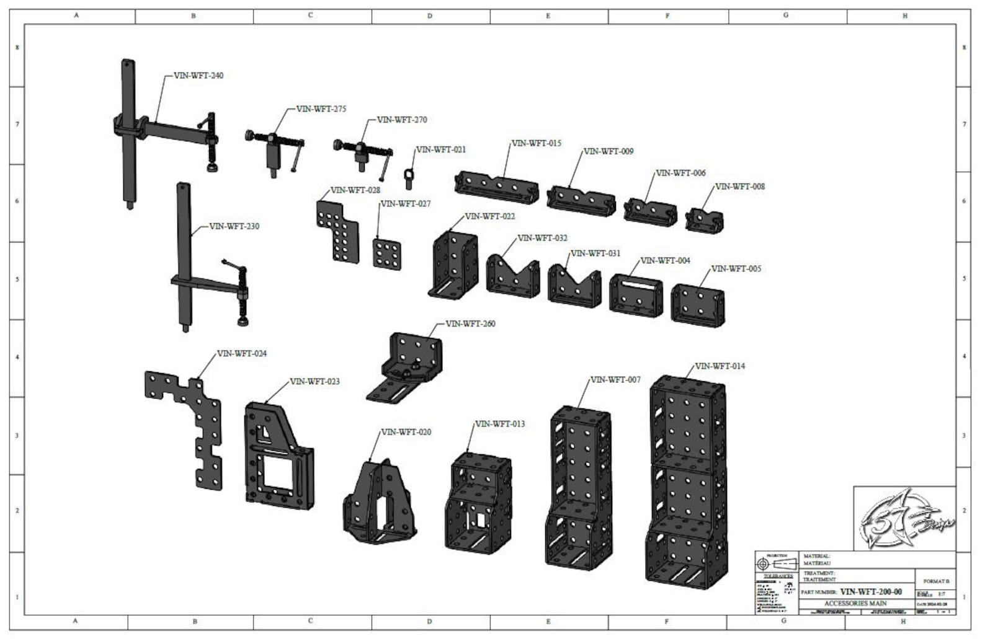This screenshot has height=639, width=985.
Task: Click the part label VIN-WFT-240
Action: pos(198,76)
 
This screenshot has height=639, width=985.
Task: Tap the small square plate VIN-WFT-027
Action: pos(387,253)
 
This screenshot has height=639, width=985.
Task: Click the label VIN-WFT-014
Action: pos(720,366)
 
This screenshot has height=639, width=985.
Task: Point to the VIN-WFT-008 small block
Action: pos(705,220)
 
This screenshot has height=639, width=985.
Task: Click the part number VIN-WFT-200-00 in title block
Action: pos(871,592)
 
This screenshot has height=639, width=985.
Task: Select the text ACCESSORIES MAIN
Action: pos(855,603)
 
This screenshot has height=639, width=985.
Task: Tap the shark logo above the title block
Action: pos(904,518)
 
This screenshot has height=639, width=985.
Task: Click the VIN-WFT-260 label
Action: pos(470,324)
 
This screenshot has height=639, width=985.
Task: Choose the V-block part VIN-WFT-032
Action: pos(512,275)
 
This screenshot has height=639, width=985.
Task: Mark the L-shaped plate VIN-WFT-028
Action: pos(338,229)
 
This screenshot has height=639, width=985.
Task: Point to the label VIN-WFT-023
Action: pos(314,382)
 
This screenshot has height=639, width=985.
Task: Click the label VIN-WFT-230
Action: pos(234,226)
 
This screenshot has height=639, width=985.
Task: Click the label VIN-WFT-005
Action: pos(736,269)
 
